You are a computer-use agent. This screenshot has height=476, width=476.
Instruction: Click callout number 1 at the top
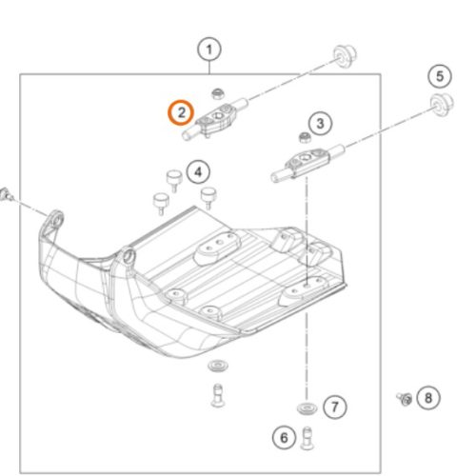click(209, 50)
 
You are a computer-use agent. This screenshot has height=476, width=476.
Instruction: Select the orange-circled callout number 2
click(181, 112)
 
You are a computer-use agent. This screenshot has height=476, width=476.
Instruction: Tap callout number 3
click(320, 123)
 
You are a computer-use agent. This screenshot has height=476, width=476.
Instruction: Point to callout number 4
click(198, 172)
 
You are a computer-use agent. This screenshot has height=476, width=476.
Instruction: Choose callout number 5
click(440, 76)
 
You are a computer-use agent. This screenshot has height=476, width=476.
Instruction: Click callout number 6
click(284, 438)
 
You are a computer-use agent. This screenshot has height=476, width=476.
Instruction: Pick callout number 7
click(335, 407)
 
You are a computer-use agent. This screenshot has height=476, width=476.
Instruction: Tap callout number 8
click(428, 398)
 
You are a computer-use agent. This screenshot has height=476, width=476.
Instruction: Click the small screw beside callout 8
click(405, 399)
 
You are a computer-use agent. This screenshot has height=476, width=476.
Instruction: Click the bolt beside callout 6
click(307, 438)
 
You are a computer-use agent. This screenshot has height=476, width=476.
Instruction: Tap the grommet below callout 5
click(442, 104)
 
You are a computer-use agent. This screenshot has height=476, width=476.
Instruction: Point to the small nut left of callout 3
click(304, 137)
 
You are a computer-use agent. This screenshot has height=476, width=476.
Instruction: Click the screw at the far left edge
click(6, 194)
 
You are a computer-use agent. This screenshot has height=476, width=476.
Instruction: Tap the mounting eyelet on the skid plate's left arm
click(56, 220)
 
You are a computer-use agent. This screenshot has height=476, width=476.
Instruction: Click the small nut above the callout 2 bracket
click(218, 94)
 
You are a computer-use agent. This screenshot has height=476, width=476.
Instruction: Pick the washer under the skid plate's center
click(218, 366)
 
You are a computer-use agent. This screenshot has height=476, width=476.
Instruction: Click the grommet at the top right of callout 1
click(345, 56)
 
